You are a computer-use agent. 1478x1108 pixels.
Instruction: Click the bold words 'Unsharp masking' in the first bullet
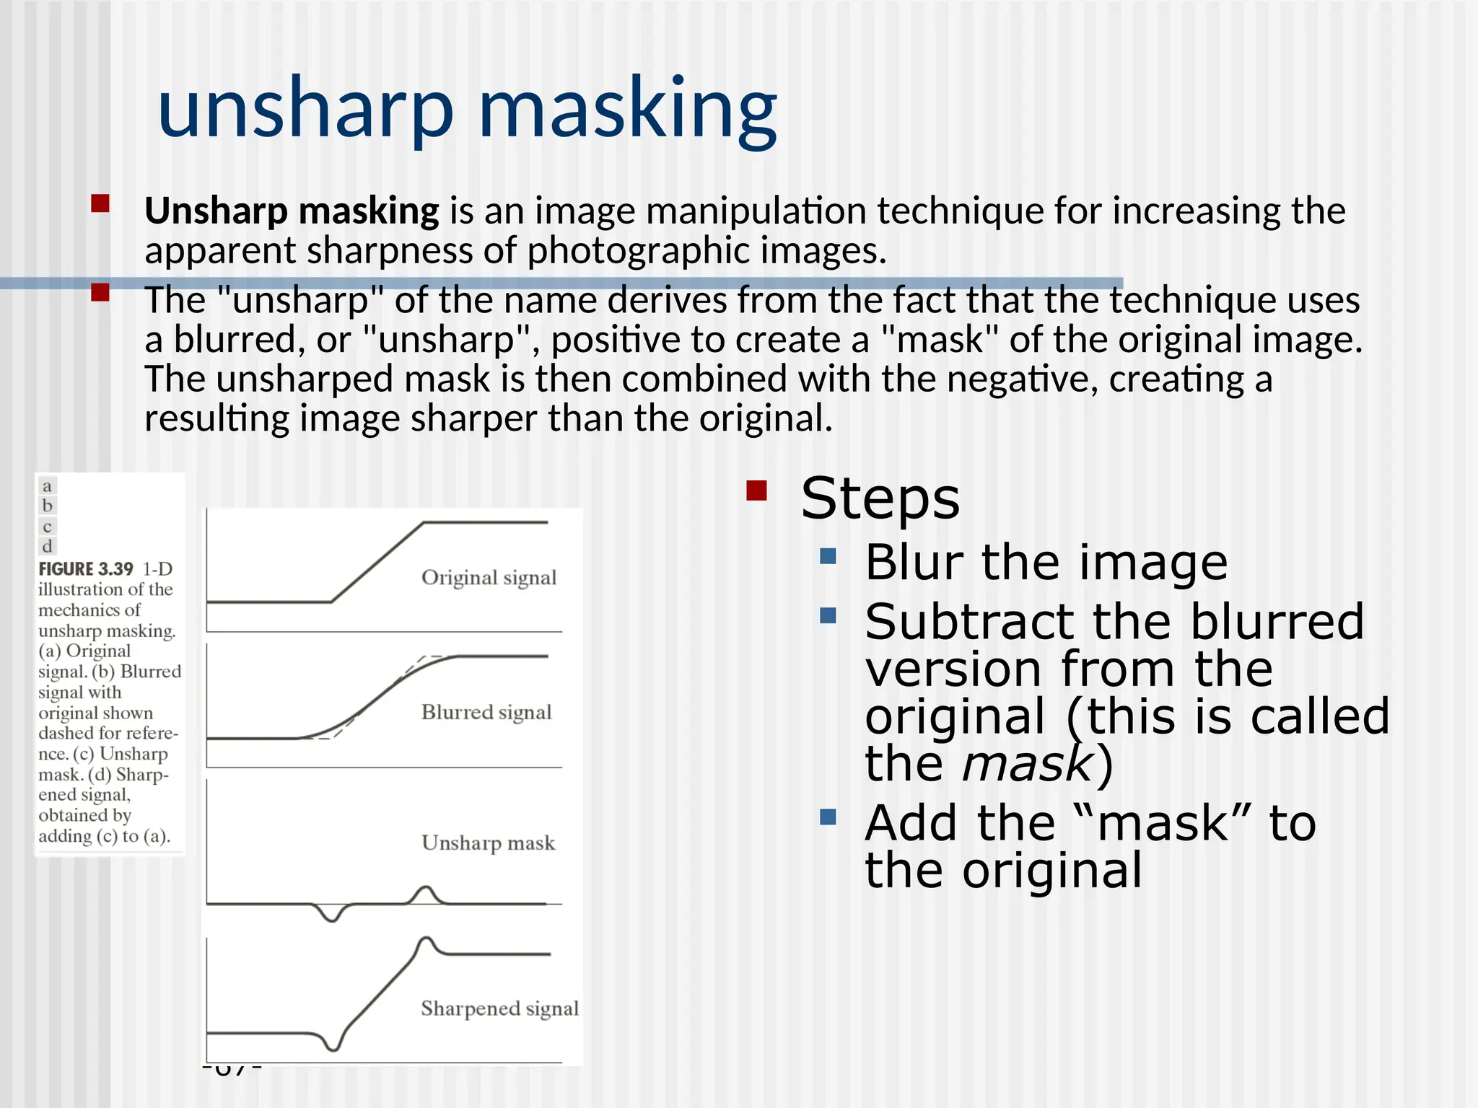coord(292,211)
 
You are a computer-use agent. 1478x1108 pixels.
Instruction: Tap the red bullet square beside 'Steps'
coord(756,491)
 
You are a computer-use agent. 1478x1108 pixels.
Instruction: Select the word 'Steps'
coord(880,498)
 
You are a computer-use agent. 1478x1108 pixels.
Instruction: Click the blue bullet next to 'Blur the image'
coord(828,556)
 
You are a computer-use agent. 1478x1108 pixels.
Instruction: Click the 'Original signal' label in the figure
coord(489,578)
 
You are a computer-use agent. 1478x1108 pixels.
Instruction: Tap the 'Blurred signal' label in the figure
coord(486,713)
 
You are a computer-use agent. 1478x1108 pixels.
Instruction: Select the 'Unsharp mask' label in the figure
coord(488,843)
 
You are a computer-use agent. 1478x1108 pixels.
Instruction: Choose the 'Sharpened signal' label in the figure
coord(499,1008)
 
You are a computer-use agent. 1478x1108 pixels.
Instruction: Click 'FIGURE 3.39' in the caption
coord(86,569)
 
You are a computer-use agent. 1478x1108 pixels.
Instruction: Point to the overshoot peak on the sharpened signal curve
coord(427,940)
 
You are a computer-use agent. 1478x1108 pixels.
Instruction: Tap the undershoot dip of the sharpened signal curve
coord(333,1047)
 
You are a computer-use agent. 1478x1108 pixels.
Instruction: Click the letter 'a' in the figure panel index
coord(47,486)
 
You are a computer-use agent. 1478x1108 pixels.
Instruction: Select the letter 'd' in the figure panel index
coord(47,546)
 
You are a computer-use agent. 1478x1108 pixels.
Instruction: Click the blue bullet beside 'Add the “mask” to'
coord(828,817)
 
